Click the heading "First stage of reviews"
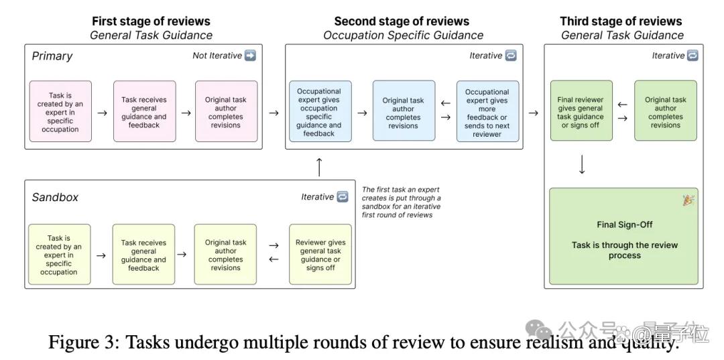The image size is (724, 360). (151, 21)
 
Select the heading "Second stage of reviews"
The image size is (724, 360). (402, 21)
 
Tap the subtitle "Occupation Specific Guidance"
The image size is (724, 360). (403, 36)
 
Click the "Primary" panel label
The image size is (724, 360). (52, 56)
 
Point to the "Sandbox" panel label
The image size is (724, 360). (55, 197)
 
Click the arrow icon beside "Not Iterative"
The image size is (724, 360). (250, 56)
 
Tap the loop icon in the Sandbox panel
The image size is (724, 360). (342, 196)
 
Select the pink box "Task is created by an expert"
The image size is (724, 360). (60, 111)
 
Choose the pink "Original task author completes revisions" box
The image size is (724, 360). (227, 111)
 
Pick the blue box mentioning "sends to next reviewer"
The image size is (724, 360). (487, 111)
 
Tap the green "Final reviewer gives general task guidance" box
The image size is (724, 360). (581, 111)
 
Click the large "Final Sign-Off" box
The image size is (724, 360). (624, 236)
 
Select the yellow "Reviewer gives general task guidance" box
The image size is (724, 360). (320, 255)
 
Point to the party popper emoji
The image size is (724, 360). (688, 200)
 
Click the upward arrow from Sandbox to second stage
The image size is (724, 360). (319, 167)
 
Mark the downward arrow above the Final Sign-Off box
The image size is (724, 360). (582, 164)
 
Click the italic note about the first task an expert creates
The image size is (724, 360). (402, 202)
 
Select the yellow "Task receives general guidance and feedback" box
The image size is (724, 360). (143, 255)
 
